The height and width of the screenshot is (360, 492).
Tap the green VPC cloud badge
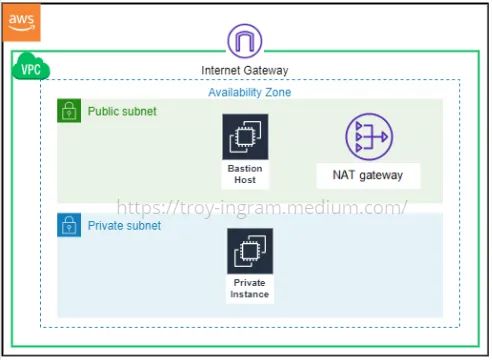point(30,70)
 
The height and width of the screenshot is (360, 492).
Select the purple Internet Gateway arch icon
point(245,42)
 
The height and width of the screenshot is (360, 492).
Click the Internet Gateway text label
point(245,70)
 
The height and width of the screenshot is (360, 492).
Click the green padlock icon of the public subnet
point(69,111)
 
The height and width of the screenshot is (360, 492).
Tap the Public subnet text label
point(122,111)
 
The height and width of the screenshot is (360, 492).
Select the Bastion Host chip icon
point(245,137)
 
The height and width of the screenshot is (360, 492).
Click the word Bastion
point(245,169)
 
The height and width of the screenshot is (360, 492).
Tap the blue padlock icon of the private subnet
point(69,225)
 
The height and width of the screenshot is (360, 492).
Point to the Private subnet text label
point(124,226)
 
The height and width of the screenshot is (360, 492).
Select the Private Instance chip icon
point(249,251)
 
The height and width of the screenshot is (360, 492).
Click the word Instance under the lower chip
point(249,294)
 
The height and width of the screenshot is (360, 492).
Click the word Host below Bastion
point(245,180)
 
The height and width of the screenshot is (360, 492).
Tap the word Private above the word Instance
point(249,283)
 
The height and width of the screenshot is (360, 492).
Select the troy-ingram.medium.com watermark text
point(263,208)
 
